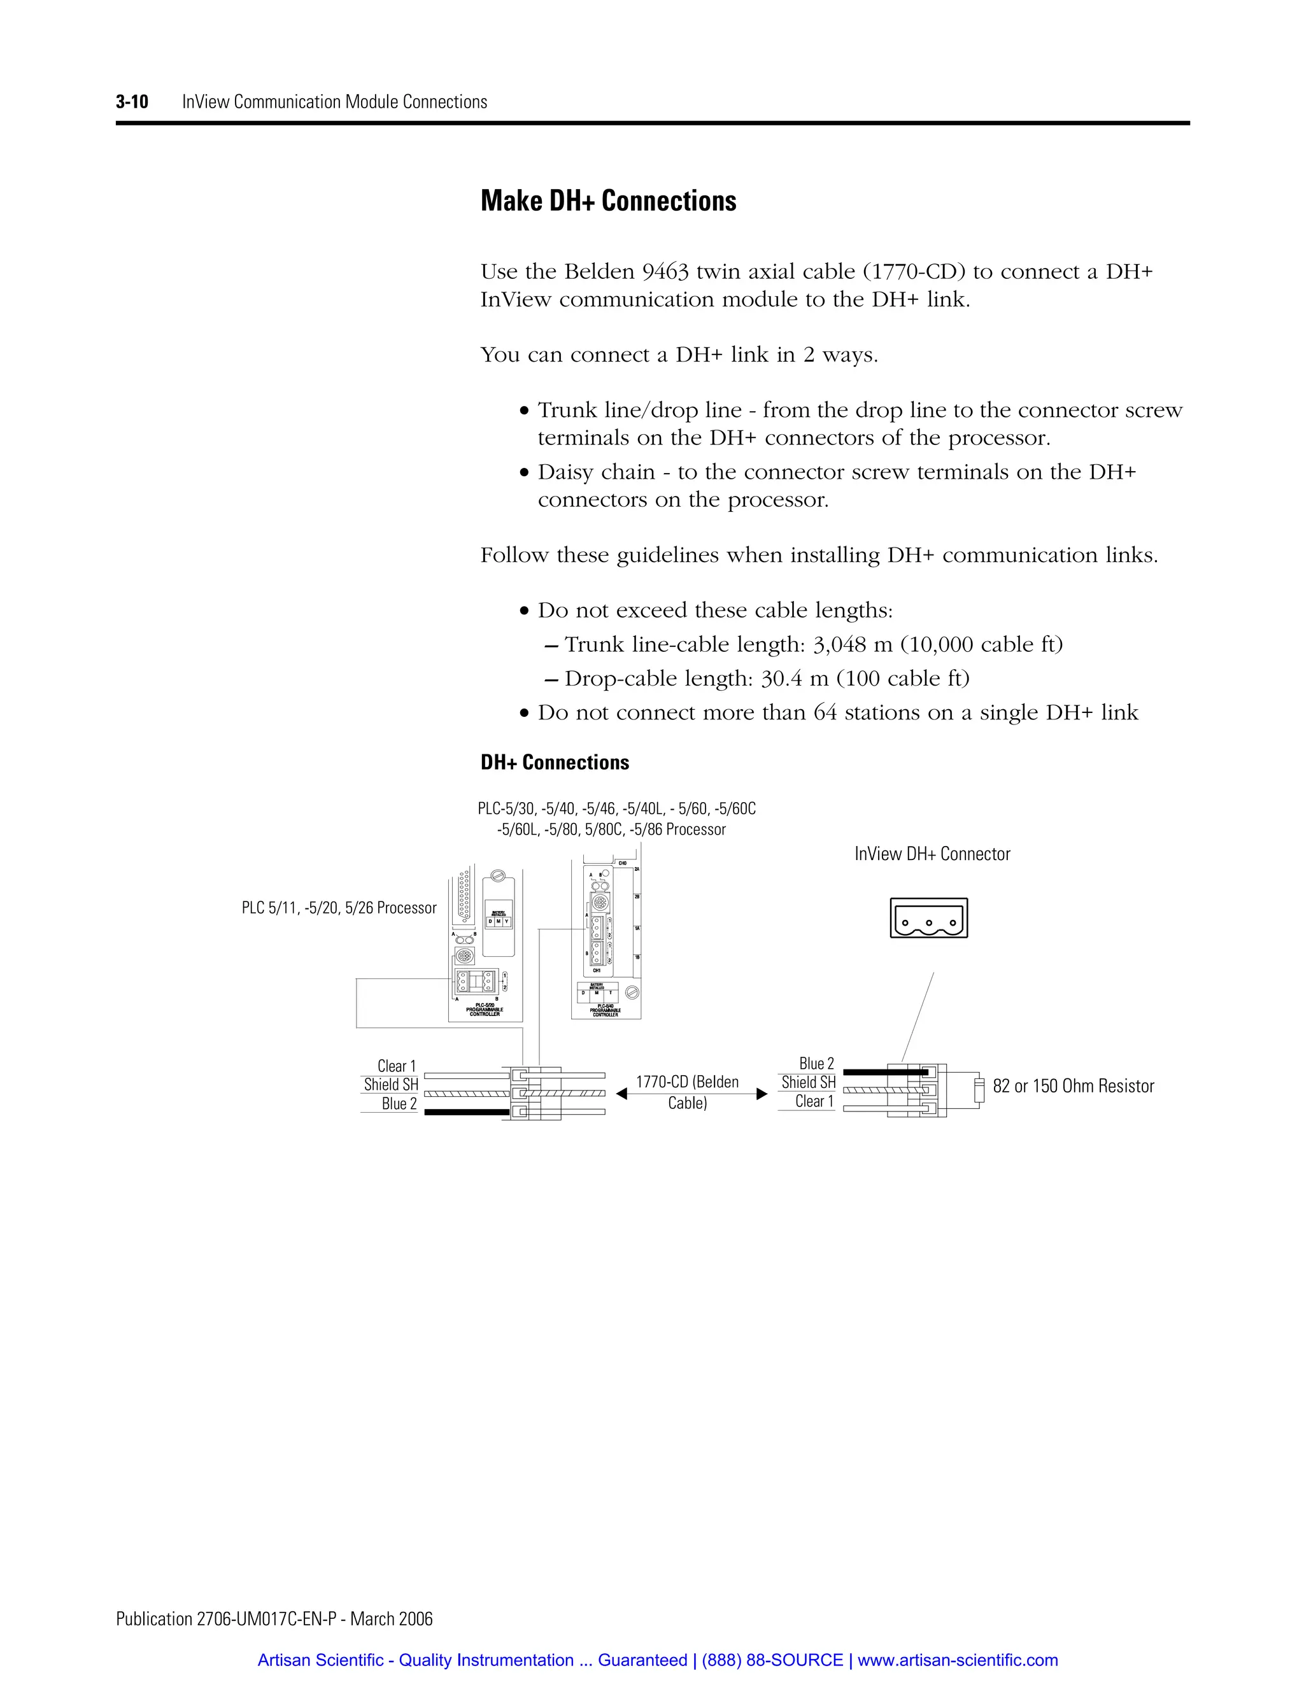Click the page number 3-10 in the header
tap(132, 102)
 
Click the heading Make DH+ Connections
tap(608, 201)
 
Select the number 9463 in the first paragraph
tap(665, 272)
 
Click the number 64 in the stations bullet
tap(825, 712)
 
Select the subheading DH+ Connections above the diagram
tap(555, 763)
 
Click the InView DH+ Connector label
tap(932, 854)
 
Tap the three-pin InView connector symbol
tap(928, 919)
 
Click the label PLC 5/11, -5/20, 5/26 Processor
tap(339, 908)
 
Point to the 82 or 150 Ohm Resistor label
tap(1073, 1086)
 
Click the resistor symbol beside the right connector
tap(977, 1090)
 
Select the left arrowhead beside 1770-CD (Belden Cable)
tap(621, 1094)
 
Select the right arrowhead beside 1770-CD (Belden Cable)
tap(762, 1094)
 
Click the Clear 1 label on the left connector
tap(396, 1066)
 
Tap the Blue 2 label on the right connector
tap(816, 1064)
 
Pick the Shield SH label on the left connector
tap(391, 1085)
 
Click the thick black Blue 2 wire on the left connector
tap(464, 1112)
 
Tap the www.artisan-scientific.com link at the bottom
tap(958, 1660)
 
